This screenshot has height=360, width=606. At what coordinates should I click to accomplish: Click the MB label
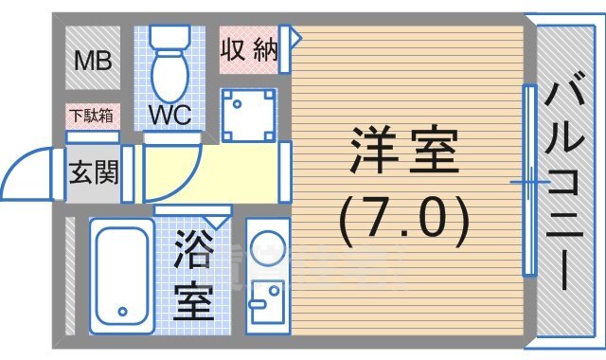click(94, 61)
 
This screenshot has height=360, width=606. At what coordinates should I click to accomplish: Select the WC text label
click(170, 116)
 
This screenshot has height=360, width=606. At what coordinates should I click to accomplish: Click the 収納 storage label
click(249, 49)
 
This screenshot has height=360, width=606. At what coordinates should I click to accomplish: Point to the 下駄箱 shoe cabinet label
click(91, 116)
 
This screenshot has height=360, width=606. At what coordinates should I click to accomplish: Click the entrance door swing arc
click(28, 171)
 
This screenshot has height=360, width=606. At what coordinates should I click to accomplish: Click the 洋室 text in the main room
click(404, 153)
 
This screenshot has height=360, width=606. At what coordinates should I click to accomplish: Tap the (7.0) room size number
click(404, 218)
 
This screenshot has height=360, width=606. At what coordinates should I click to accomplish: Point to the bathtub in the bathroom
click(122, 275)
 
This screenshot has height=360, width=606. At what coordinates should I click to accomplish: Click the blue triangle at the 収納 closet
click(294, 38)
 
